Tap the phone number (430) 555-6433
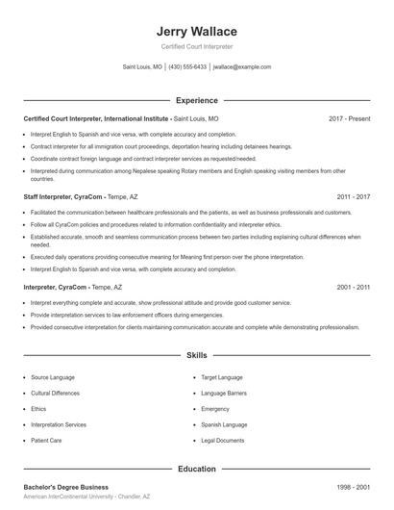coord(188,67)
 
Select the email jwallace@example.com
coord(242,67)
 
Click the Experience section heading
coord(197,100)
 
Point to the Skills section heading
coord(197,355)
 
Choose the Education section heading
coord(197,469)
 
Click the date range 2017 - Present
coord(349,118)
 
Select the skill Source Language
coord(53,377)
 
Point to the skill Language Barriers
coord(224,393)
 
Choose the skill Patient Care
coord(47,440)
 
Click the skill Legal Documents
coord(223,440)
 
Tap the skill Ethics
coord(39,408)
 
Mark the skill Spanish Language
coord(224,424)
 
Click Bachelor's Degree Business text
coord(66,488)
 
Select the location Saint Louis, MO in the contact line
coord(142,67)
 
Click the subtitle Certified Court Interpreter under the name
coord(197,46)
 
